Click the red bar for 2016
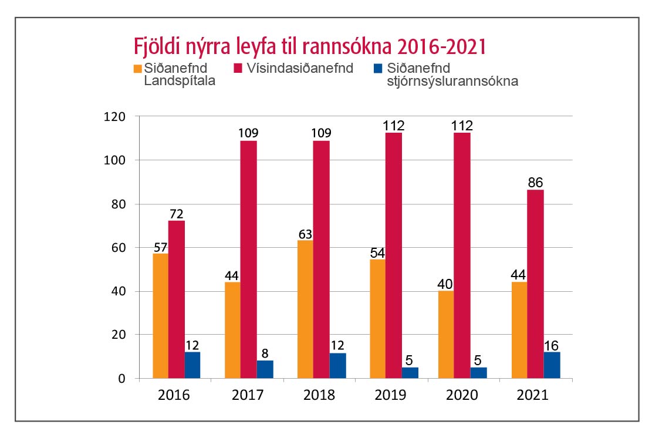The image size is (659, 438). click(x=177, y=299)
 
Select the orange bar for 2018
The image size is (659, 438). click(x=305, y=309)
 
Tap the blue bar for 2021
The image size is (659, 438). click(x=552, y=365)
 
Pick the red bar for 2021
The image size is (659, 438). click(x=535, y=284)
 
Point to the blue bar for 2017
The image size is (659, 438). click(x=265, y=369)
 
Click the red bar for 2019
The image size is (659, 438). click(x=394, y=255)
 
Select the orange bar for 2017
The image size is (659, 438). click(x=232, y=330)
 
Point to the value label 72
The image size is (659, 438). click(x=176, y=213)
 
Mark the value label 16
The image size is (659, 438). click(x=552, y=345)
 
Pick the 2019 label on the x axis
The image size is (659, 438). click(x=391, y=395)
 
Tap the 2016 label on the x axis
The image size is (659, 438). click(x=174, y=395)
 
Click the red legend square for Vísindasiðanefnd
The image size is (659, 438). click(x=239, y=69)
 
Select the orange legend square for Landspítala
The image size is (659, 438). click(x=138, y=69)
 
